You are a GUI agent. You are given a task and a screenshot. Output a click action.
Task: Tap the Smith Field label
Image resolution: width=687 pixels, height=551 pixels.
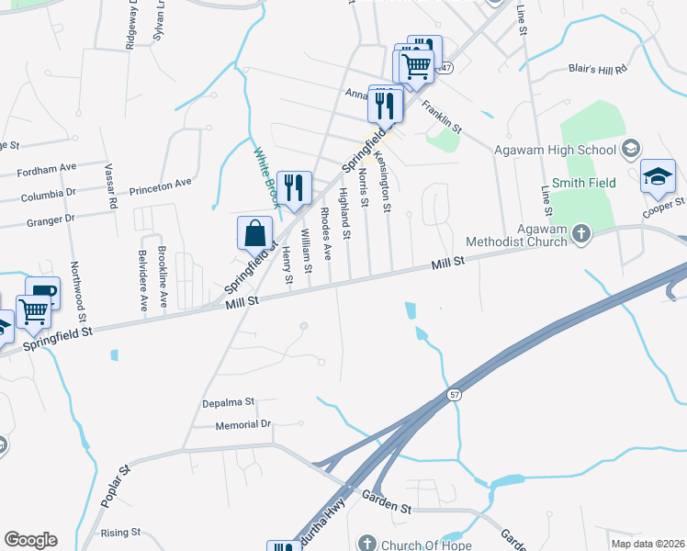pyautogui.click(x=590, y=184)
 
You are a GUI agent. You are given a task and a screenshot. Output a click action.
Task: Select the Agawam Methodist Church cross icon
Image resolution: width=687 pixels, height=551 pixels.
pyautogui.click(x=580, y=235)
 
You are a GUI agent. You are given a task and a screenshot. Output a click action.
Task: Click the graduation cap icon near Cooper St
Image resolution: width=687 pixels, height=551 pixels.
pyautogui.click(x=658, y=175)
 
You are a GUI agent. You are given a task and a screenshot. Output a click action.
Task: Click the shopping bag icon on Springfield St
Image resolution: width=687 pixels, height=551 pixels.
pyautogui.click(x=254, y=234)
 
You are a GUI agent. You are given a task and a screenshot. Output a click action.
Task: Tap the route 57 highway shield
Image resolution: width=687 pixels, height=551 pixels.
pyautogui.click(x=454, y=394)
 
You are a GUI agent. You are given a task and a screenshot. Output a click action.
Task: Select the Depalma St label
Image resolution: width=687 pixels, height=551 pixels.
pyautogui.click(x=228, y=402)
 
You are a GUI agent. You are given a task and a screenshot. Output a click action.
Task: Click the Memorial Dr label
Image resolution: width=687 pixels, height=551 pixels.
pyautogui.click(x=243, y=424)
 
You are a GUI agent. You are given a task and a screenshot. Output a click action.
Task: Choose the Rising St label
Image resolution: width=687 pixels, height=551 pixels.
pyautogui.click(x=120, y=532)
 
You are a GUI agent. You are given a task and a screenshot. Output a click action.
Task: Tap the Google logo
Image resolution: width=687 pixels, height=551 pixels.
pyautogui.click(x=30, y=540)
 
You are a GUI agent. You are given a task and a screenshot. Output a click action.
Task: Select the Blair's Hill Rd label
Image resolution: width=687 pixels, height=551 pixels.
pyautogui.click(x=597, y=69)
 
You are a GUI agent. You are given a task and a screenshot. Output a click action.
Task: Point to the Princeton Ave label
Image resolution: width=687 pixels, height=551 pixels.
pyautogui.click(x=161, y=184)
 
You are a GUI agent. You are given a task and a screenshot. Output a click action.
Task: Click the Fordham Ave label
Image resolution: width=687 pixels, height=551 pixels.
pyautogui.click(x=46, y=168)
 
